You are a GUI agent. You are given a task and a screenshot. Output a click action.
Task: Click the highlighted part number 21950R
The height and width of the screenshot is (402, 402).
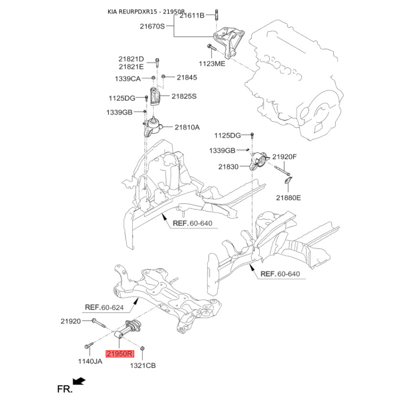120,354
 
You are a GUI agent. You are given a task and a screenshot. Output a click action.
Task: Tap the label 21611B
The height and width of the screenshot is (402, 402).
192,16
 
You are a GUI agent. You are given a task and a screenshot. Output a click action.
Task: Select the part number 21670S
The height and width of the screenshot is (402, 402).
152,26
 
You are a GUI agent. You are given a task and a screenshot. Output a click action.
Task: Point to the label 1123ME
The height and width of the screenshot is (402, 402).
212,64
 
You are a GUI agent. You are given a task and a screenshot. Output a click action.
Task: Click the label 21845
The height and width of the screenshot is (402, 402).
187,77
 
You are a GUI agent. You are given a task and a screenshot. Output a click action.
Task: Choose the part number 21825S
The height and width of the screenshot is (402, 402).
184,96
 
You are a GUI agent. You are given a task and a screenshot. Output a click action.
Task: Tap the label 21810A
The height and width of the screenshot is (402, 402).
187,127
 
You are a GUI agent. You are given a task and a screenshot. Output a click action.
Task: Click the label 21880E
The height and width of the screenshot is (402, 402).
288,197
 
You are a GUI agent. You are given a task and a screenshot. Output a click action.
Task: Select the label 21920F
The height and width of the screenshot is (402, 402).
284,157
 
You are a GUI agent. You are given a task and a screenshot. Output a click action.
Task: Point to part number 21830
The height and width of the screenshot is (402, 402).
229,167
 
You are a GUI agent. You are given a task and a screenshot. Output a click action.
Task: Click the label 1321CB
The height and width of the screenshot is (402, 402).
143,365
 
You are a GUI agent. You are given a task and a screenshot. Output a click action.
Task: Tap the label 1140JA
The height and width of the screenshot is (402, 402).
90,361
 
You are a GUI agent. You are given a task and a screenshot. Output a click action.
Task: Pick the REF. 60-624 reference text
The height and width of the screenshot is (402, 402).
104,307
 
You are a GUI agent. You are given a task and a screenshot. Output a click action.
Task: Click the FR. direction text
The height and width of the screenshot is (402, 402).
65,389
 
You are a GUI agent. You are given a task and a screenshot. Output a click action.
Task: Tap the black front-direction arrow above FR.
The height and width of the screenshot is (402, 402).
79,381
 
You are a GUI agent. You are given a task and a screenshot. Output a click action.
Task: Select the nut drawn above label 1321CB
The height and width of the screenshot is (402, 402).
142,348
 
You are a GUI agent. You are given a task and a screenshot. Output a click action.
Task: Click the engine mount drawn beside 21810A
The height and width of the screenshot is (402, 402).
153,127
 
